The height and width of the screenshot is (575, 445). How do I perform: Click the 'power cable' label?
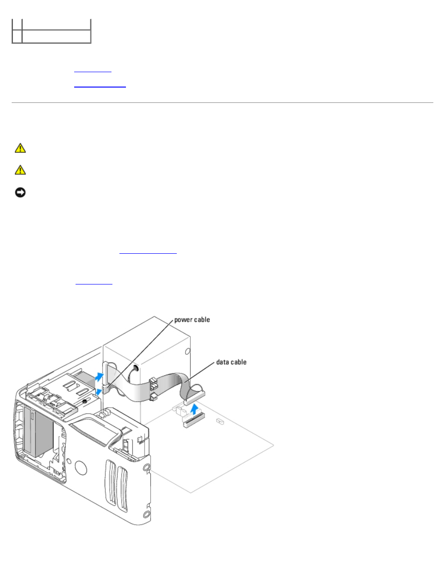pyautogui.click(x=192, y=320)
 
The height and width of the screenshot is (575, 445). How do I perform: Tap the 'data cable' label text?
pyautogui.click(x=231, y=362)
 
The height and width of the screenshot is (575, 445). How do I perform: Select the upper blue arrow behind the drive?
pyautogui.click(x=99, y=377)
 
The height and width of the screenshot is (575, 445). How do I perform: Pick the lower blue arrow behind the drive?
pyautogui.click(x=98, y=392)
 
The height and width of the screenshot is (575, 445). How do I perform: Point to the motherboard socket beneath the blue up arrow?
pyautogui.click(x=195, y=421)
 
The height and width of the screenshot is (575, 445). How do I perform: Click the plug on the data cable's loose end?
pyautogui.click(x=195, y=398)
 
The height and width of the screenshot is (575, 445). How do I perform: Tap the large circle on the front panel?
pyautogui.click(x=81, y=468)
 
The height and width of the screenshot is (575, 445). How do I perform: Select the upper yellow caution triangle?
pyautogui.click(x=20, y=148)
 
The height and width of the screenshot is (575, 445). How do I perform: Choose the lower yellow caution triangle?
pyautogui.click(x=20, y=170)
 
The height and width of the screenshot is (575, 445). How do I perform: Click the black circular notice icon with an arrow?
pyautogui.click(x=20, y=192)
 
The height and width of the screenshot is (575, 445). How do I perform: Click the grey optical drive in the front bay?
pyautogui.click(x=38, y=433)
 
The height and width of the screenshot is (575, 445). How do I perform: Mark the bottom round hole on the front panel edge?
pyautogui.click(x=146, y=514)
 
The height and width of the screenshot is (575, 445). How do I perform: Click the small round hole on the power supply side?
pyautogui.click(x=188, y=352)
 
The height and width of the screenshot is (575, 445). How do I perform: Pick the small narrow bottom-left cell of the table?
pyautogui.click(x=17, y=36)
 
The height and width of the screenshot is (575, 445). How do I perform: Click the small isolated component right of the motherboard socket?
pyautogui.click(x=220, y=421)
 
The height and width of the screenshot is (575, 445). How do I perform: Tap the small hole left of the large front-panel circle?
pyautogui.click(x=69, y=461)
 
